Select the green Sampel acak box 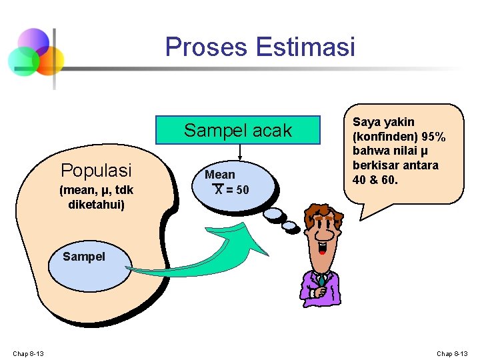(238, 131)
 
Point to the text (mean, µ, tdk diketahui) (96, 197)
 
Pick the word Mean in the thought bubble (220, 175)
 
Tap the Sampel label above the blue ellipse (83, 256)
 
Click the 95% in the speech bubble (429, 137)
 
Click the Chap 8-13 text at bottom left (28, 353)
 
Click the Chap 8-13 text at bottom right (453, 353)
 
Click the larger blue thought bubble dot (273, 214)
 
